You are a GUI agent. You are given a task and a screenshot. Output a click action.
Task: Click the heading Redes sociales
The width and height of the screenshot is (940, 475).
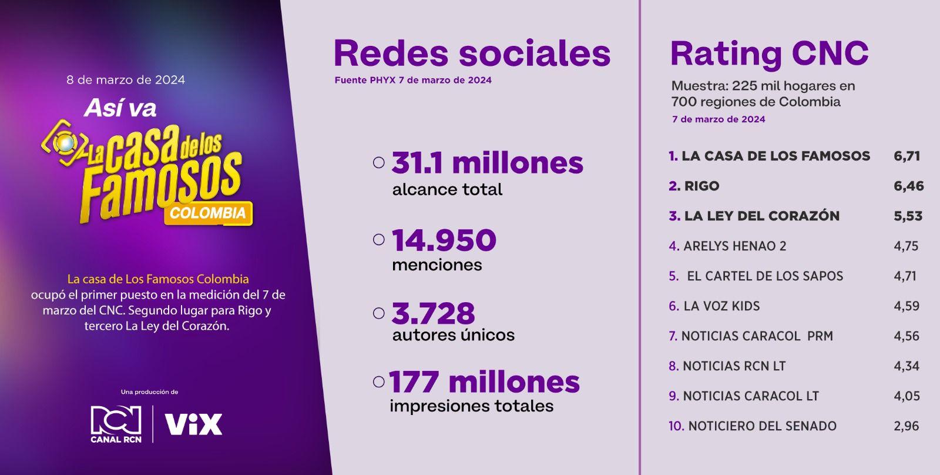click(472, 53)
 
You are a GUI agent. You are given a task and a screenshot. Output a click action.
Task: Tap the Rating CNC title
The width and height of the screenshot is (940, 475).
click(769, 53)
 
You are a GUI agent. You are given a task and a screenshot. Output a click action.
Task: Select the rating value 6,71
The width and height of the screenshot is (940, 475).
click(907, 156)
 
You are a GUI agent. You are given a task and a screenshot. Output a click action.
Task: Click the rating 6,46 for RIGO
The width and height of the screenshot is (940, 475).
click(908, 186)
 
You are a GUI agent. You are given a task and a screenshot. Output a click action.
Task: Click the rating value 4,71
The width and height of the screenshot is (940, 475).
click(905, 276)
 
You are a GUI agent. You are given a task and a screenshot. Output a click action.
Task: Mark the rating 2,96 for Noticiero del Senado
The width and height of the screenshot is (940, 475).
click(907, 426)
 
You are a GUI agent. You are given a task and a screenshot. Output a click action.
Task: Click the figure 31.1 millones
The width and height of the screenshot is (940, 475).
click(487, 163)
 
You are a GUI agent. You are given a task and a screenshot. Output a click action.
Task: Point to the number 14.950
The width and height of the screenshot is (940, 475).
click(444, 240)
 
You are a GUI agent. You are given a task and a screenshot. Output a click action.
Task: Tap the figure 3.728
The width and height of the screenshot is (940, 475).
click(433, 313)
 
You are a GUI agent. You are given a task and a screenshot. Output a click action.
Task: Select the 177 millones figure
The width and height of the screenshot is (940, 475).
click(484, 382)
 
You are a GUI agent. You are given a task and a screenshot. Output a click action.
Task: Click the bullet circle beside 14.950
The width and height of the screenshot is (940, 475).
click(379, 239)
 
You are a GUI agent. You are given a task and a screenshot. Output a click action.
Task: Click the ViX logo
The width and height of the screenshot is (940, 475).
click(193, 424)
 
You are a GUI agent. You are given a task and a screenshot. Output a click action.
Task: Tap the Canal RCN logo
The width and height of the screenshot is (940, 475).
click(116, 424)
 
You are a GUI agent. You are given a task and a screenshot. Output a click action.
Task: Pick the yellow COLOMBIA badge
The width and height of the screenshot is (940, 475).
click(208, 213)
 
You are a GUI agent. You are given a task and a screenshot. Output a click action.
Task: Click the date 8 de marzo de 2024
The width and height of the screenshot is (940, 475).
click(126, 79)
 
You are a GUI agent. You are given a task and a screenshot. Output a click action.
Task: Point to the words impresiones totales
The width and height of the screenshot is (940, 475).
click(471, 406)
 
